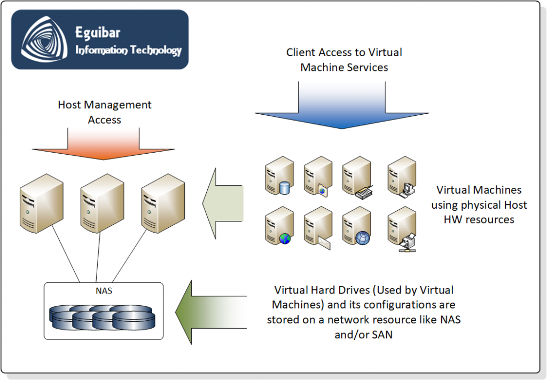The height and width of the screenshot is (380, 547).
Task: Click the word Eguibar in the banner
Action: point(98,33)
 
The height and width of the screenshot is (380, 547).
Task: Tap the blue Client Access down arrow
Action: point(342,107)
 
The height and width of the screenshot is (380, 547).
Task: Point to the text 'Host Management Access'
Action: point(105,113)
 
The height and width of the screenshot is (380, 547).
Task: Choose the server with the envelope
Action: point(317,228)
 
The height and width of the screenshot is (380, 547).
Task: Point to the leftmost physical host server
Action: point(41,205)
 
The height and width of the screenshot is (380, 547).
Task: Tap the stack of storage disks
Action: point(103,317)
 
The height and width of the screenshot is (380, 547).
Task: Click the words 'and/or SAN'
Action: point(363,335)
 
